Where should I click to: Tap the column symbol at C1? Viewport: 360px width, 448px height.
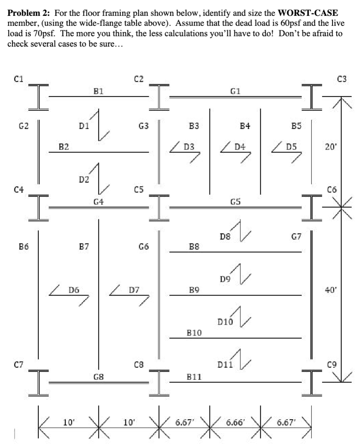[x=39, y=96]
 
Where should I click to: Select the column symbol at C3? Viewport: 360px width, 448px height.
[x=312, y=96]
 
